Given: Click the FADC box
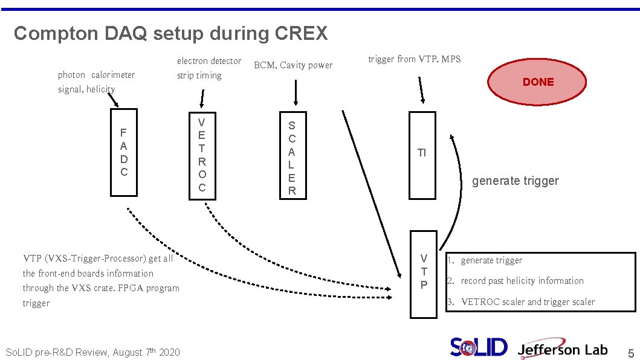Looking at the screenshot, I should coord(124,152).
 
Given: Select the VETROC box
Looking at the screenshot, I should coord(202,155).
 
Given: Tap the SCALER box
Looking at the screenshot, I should coord(292,155).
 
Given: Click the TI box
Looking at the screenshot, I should coord(422,155).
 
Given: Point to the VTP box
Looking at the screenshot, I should coord(424,274).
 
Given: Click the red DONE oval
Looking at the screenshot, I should coord(538,82).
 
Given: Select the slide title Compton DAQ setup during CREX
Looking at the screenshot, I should coord(170,33).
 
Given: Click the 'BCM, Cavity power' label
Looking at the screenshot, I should coord(293,65).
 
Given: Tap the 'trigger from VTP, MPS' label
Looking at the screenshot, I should coord(414,59).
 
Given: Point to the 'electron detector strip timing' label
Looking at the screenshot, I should coord(208,68).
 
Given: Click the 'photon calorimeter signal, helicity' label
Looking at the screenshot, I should coord(96,82).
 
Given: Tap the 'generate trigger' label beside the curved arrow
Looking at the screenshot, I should coord(515,181).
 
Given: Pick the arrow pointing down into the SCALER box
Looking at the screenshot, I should coord(296,93).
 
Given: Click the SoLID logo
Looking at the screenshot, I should coord(479,347).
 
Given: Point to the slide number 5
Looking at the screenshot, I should coord(630,353).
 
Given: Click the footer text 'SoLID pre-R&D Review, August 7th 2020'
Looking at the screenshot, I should coord(92,352).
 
